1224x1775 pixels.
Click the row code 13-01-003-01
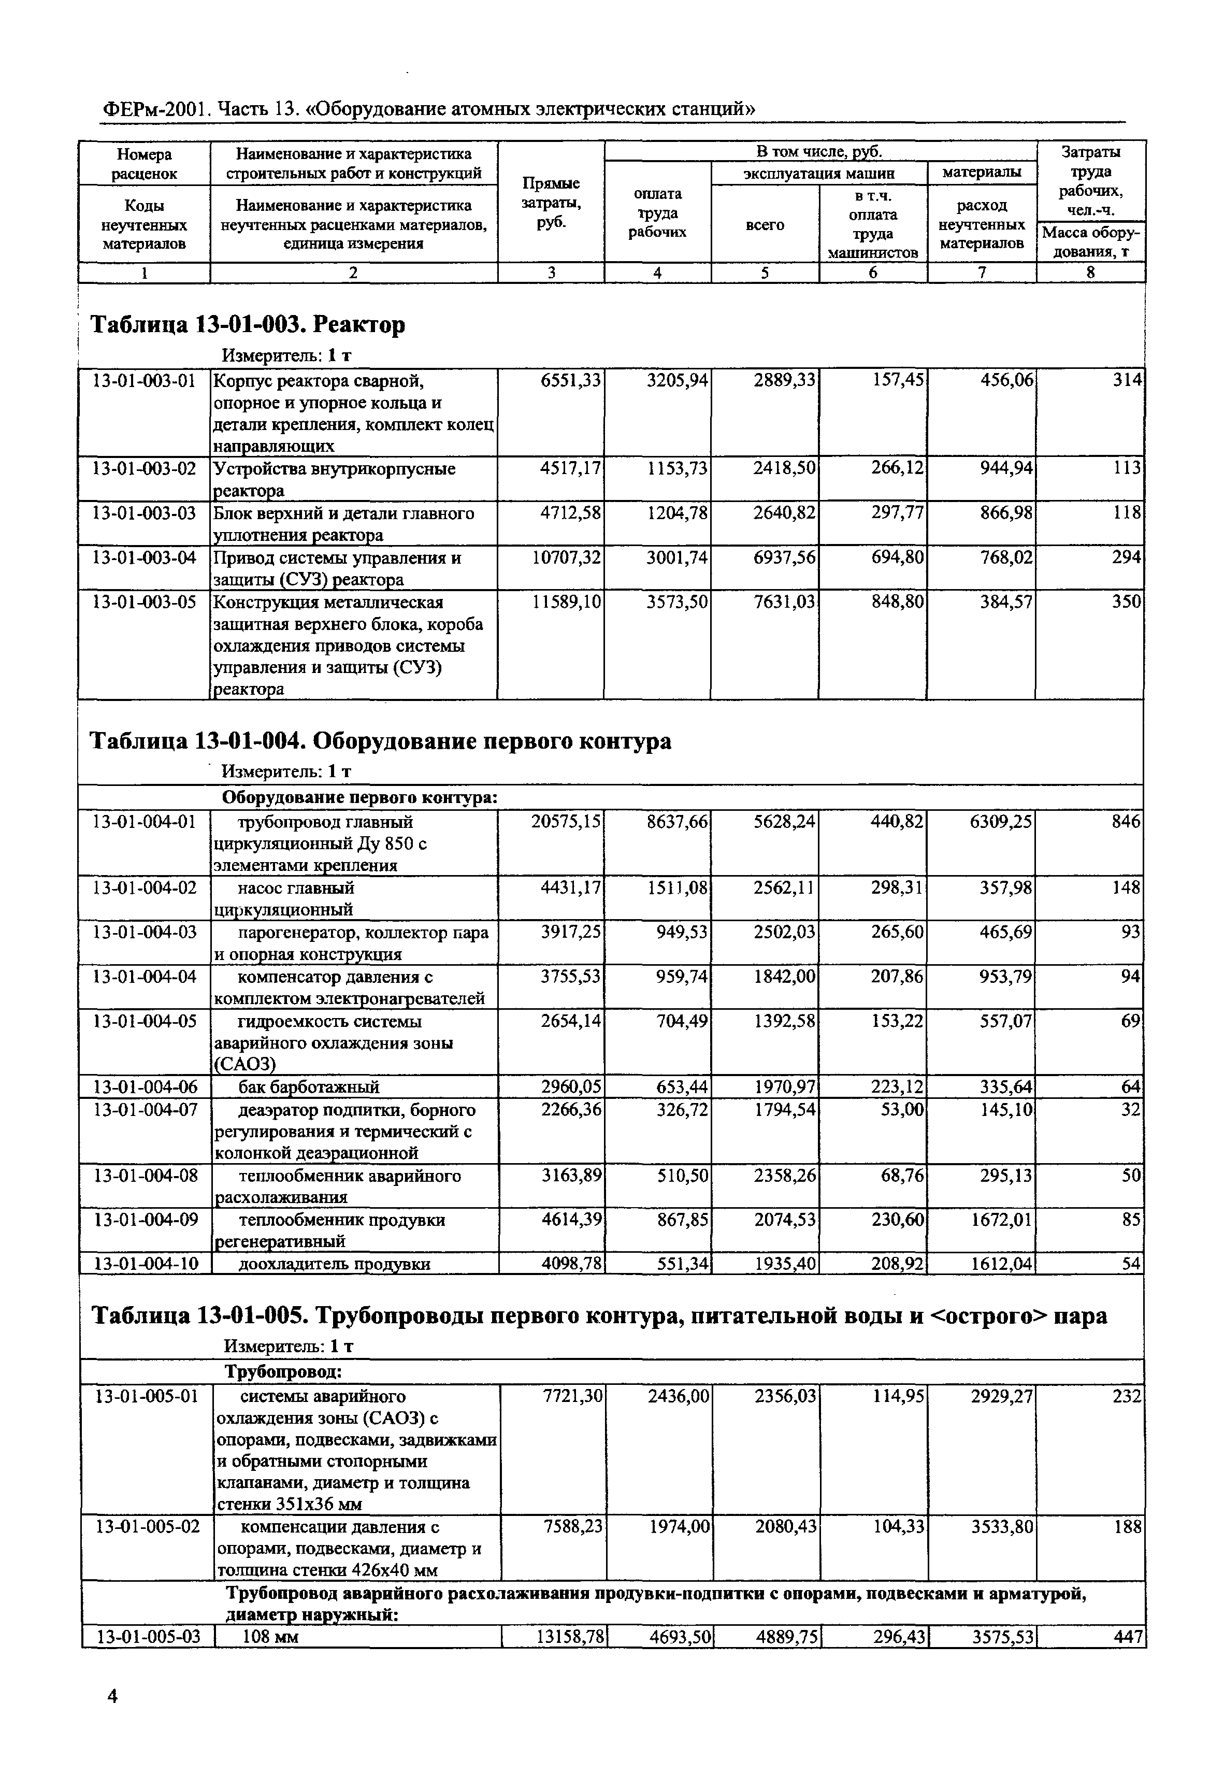pos(143,380)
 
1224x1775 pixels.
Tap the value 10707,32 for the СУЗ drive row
pos(566,557)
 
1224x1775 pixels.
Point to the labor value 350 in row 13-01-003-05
pos(1127,602)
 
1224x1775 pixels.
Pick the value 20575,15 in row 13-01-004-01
pos(566,822)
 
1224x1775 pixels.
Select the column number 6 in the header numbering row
pos(873,273)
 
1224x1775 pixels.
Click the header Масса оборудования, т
pos(1090,241)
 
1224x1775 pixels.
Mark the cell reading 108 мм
pos(271,1637)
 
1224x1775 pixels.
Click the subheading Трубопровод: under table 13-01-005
pos(283,1371)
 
